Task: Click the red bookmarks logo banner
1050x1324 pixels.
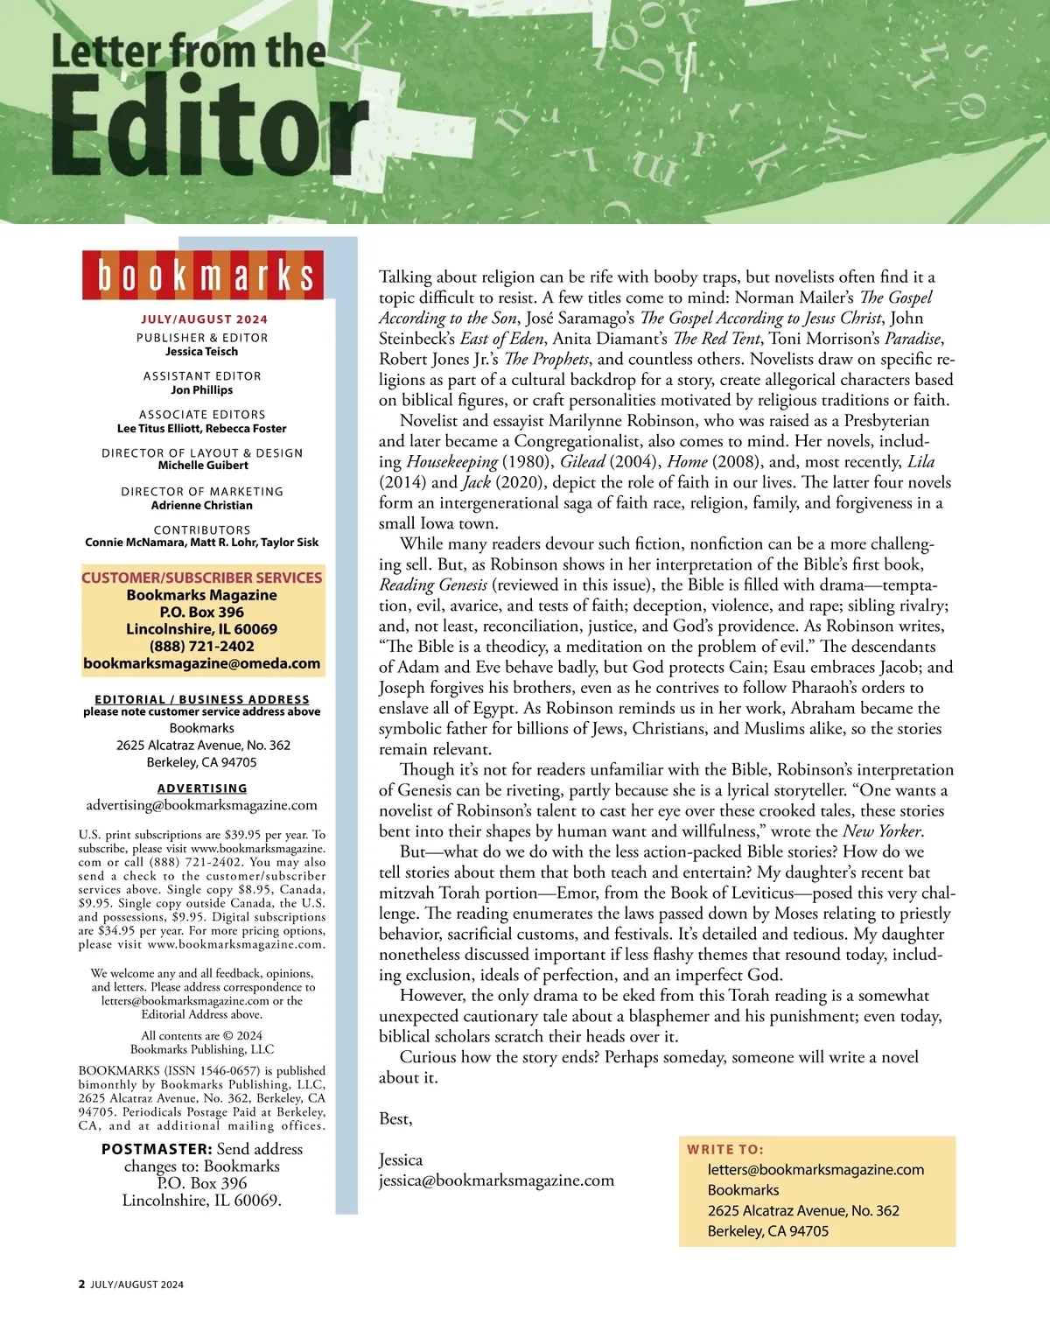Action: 203,275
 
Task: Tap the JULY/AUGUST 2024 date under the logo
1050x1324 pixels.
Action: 204,319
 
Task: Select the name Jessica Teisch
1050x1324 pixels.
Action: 202,352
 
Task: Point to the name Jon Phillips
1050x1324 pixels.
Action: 202,390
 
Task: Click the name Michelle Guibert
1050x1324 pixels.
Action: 203,466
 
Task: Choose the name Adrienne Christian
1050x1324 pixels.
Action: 202,505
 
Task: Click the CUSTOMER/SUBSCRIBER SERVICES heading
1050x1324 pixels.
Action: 202,578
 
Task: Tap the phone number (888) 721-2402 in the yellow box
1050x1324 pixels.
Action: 202,647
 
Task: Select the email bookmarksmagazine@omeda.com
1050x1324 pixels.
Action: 202,663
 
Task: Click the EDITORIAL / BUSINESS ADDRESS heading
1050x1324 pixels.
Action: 202,699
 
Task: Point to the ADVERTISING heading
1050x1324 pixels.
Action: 202,788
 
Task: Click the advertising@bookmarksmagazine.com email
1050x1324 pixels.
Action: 202,805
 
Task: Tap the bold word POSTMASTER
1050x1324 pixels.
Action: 157,1149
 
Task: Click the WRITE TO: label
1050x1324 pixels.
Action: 724,1150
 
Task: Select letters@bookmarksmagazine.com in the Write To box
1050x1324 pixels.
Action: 815,1170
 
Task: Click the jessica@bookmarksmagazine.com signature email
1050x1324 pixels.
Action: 496,1180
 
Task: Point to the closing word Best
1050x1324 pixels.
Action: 395,1119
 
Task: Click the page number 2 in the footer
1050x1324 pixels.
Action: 82,1285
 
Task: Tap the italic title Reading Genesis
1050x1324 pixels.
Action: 432,585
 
